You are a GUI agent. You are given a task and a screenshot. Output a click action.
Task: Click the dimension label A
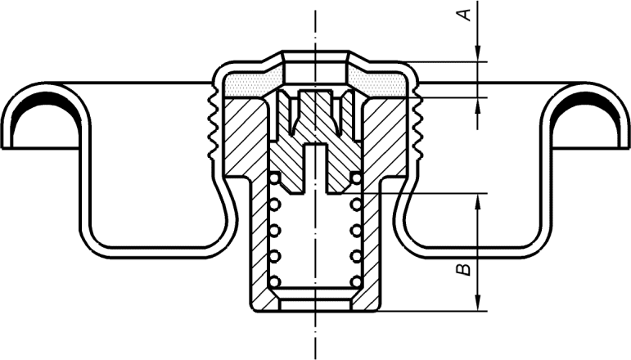pyautogui.click(x=465, y=15)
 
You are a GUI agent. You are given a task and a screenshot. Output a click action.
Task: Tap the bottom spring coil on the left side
pyautogui.click(x=274, y=281)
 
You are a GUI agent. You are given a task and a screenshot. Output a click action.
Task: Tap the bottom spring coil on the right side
pyautogui.click(x=356, y=281)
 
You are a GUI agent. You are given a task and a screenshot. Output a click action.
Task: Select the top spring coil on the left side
pyautogui.click(x=275, y=178)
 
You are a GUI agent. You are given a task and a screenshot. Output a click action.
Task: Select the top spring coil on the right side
pyautogui.click(x=356, y=178)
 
